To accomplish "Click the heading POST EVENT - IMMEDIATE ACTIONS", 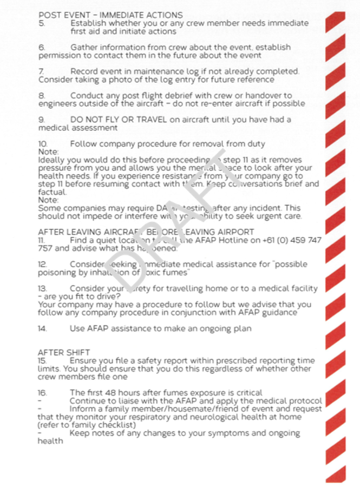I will coord(110,15).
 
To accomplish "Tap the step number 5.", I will coord(41,23).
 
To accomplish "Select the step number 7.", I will coord(41,71).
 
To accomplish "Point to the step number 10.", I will coord(43,144).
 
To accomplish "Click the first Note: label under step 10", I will coord(48,152).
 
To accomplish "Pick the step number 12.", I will coord(42,264).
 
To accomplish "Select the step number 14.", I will coord(42,328).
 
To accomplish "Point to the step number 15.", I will coord(42,360).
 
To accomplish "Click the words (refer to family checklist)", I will coord(86,425).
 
